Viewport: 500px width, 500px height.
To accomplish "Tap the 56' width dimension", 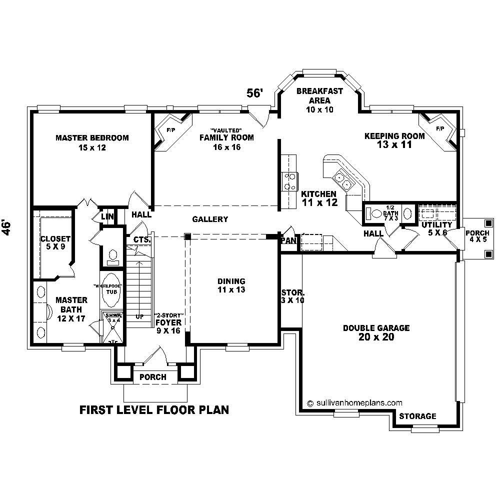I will (x=254, y=93).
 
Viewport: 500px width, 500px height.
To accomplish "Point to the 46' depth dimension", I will (x=7, y=226).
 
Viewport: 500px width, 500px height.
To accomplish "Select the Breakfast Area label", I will (x=319, y=100).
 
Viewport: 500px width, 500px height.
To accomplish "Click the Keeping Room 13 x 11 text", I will (x=394, y=140).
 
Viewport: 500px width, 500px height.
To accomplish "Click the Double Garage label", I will (x=376, y=332).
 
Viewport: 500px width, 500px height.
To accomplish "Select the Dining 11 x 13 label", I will (x=231, y=285).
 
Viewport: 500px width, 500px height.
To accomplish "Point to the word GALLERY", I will (x=210, y=219).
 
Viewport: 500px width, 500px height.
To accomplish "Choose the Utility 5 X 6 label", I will (x=436, y=228).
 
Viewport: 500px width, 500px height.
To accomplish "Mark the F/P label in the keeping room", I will (x=440, y=128).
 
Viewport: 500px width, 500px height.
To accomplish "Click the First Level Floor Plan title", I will (x=154, y=410).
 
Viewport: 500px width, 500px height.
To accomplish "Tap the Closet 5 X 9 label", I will (x=55, y=243).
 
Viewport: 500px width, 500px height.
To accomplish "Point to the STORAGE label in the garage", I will (x=417, y=416).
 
